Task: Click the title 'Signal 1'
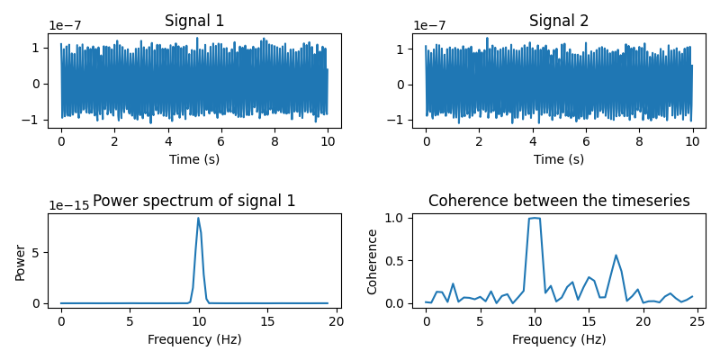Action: (x=194, y=21)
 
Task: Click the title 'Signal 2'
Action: (x=559, y=21)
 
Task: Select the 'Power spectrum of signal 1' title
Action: (x=194, y=201)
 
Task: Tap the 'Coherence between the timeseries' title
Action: (x=559, y=201)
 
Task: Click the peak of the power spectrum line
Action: (x=198, y=218)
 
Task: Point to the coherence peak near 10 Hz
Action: (x=535, y=218)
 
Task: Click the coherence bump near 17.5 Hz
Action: (x=616, y=255)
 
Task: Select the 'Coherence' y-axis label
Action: (x=372, y=261)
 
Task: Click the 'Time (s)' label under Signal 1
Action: (x=194, y=159)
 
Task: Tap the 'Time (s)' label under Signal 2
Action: (x=559, y=159)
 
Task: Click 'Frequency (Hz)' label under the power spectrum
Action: (x=194, y=339)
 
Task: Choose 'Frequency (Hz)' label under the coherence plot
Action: (x=559, y=339)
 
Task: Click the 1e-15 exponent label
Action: (x=68, y=206)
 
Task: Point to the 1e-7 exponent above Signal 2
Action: (x=433, y=26)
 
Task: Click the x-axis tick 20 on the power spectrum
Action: (x=336, y=321)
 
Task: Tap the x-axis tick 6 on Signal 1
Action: (x=220, y=141)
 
